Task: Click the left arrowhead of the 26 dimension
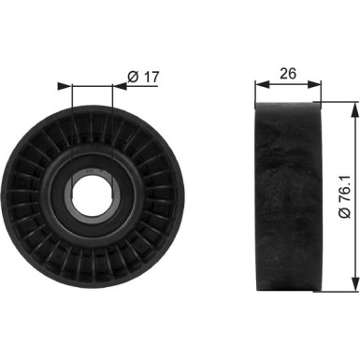click(261, 85)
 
